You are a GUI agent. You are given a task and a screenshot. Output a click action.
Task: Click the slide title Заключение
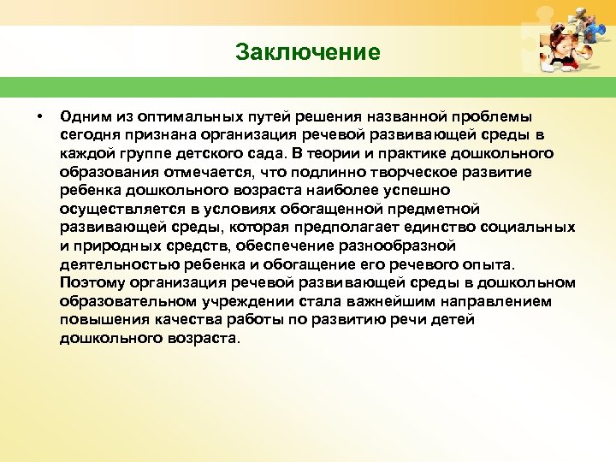pyautogui.click(x=307, y=52)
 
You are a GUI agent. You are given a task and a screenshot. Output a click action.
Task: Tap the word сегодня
pyautogui.click(x=90, y=134)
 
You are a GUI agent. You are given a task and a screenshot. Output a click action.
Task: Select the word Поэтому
pyautogui.click(x=93, y=283)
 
